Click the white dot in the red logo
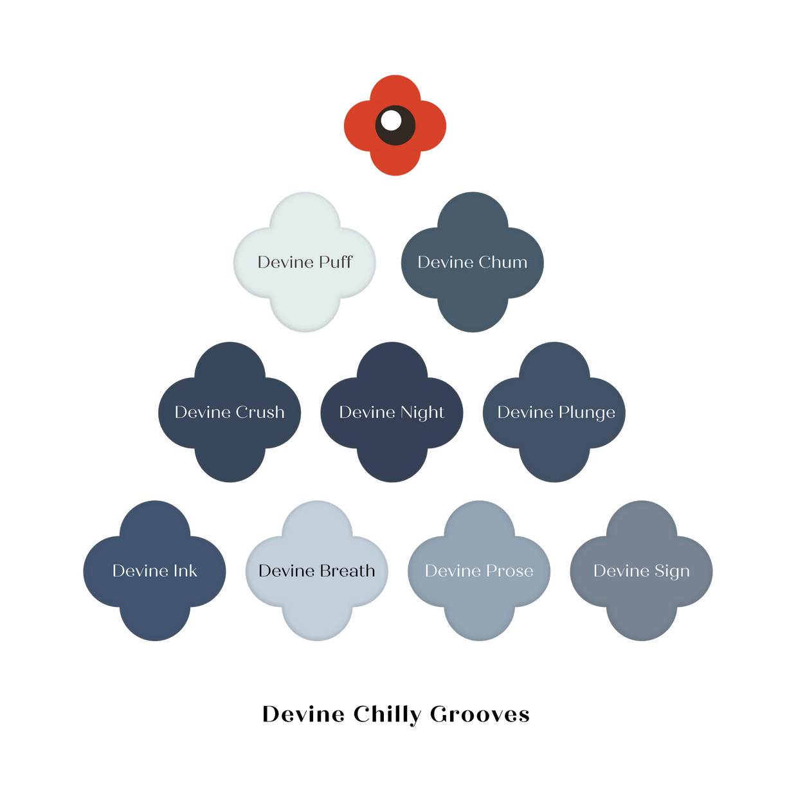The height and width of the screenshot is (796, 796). click(x=391, y=120)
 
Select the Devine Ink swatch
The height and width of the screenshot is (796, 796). click(x=154, y=604)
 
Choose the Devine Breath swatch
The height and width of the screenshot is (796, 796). click(x=316, y=604)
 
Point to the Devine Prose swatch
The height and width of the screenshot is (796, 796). click(x=479, y=604)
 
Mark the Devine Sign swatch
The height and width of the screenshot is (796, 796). click(x=641, y=604)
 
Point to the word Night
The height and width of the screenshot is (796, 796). click(x=422, y=413)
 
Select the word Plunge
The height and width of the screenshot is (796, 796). click(x=586, y=413)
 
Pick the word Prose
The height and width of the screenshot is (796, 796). click(x=509, y=571)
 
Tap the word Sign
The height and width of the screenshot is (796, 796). click(x=672, y=572)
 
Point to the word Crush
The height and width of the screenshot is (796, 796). click(x=260, y=412)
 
